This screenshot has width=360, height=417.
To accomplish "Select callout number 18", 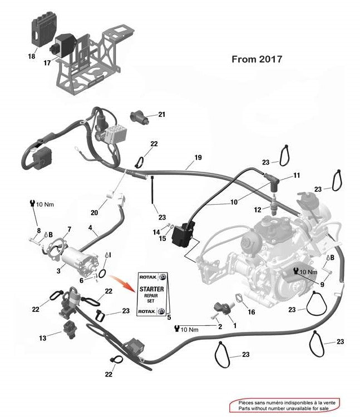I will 31,57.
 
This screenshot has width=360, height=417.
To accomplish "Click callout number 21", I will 162,115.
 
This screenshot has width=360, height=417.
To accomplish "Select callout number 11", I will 297,175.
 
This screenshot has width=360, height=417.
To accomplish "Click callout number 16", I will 251,312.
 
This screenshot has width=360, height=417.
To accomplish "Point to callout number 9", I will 322,285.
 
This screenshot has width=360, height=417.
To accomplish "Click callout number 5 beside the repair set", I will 169,317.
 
